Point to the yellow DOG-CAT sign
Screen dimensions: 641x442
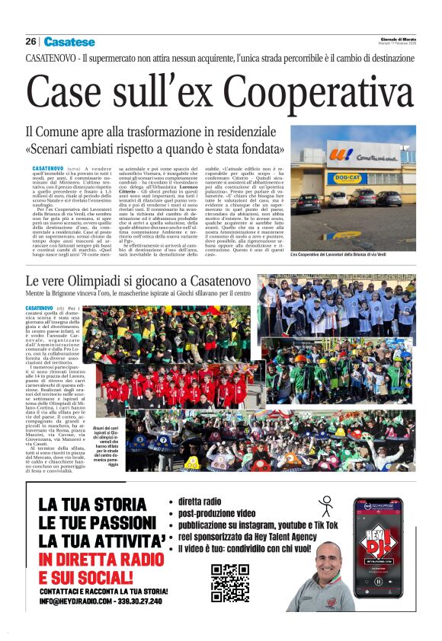tap(347, 177)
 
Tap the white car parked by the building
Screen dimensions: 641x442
tap(338, 199)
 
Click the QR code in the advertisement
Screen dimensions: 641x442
tap(230, 582)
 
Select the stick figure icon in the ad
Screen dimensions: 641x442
tap(326, 506)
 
